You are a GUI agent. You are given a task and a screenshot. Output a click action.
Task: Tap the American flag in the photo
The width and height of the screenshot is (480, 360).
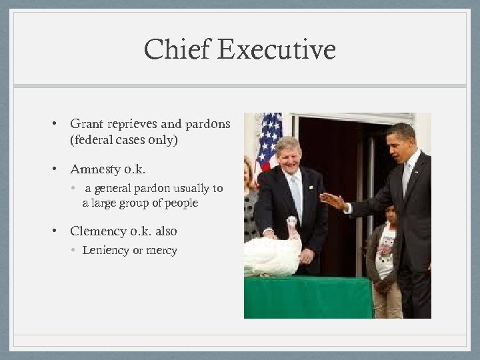click(269, 140)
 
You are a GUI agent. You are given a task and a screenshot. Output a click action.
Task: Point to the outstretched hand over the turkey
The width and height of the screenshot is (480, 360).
click(332, 201)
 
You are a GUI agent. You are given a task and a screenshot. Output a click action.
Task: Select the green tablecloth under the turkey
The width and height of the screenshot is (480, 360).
click(307, 297)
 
